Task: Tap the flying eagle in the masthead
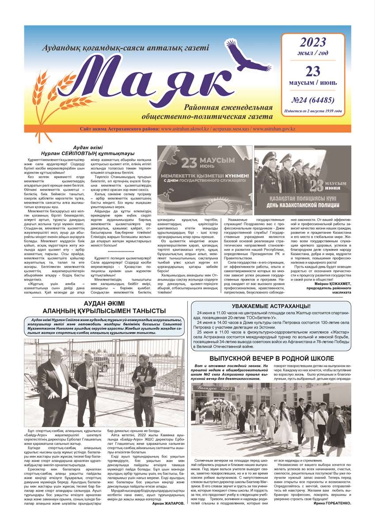(241, 55)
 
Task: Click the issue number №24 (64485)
(313, 100)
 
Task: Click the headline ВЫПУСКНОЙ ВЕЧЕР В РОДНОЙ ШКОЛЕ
(271, 359)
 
